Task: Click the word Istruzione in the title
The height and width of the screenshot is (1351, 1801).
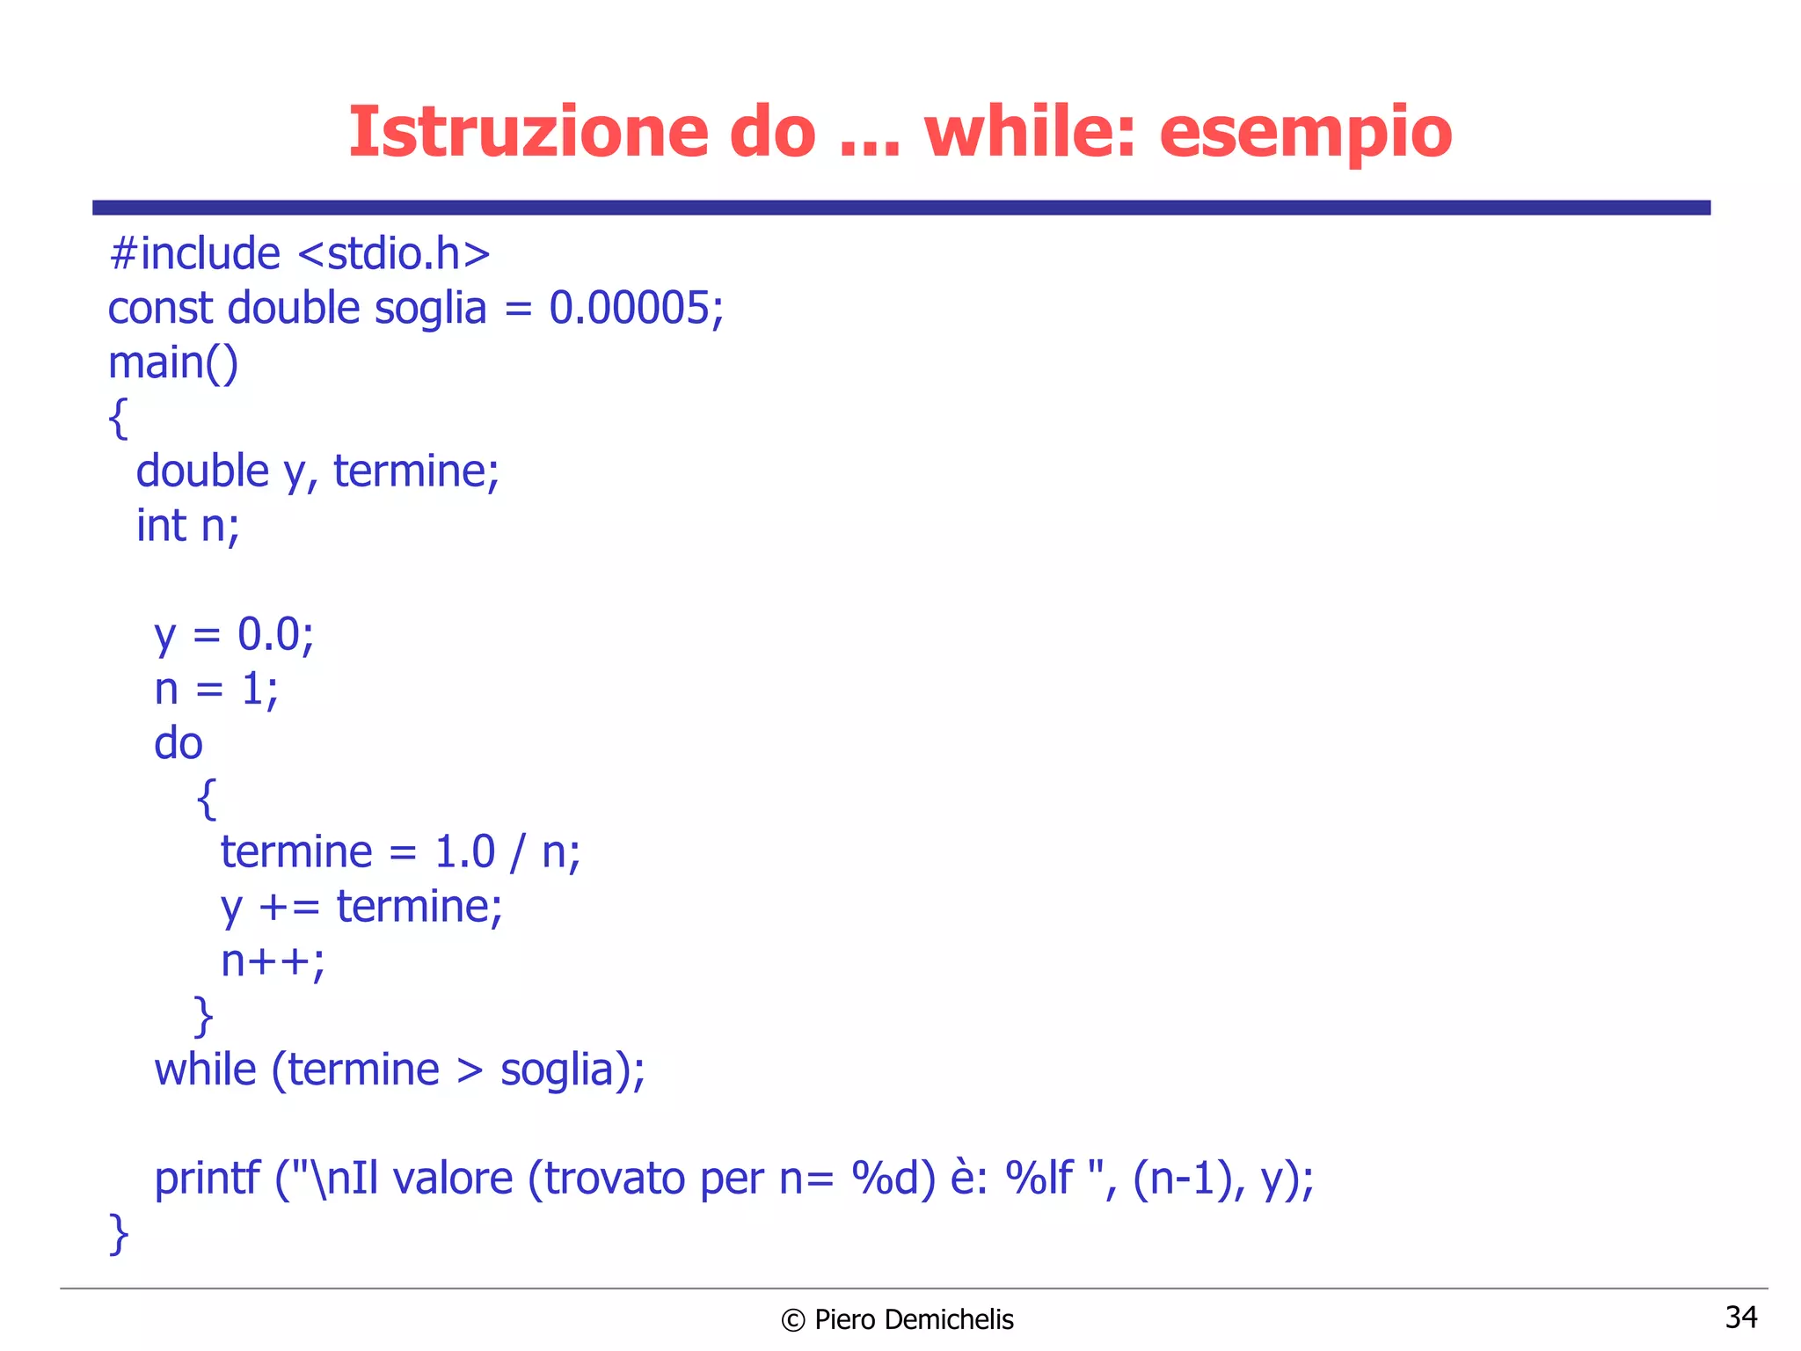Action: coord(529,132)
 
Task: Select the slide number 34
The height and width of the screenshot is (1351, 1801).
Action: coord(1740,1317)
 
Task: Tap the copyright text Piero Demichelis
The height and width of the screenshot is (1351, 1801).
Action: coord(914,1319)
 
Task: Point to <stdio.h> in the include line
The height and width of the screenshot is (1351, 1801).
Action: coord(394,254)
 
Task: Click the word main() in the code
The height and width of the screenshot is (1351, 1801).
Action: coord(173,363)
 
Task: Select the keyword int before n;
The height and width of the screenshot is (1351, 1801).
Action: coord(161,526)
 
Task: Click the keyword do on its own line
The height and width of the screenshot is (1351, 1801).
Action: coord(179,744)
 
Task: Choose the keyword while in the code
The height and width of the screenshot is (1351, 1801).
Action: coord(205,1070)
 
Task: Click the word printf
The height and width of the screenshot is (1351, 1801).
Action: coord(207,1179)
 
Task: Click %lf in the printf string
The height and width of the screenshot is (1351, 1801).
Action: coord(1040,1179)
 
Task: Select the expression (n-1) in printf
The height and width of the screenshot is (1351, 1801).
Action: coord(1181,1179)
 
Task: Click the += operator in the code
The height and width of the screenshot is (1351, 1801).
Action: coord(289,908)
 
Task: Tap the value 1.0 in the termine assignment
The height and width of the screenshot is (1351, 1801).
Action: coord(465,852)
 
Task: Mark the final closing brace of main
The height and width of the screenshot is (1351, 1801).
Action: coord(119,1234)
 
